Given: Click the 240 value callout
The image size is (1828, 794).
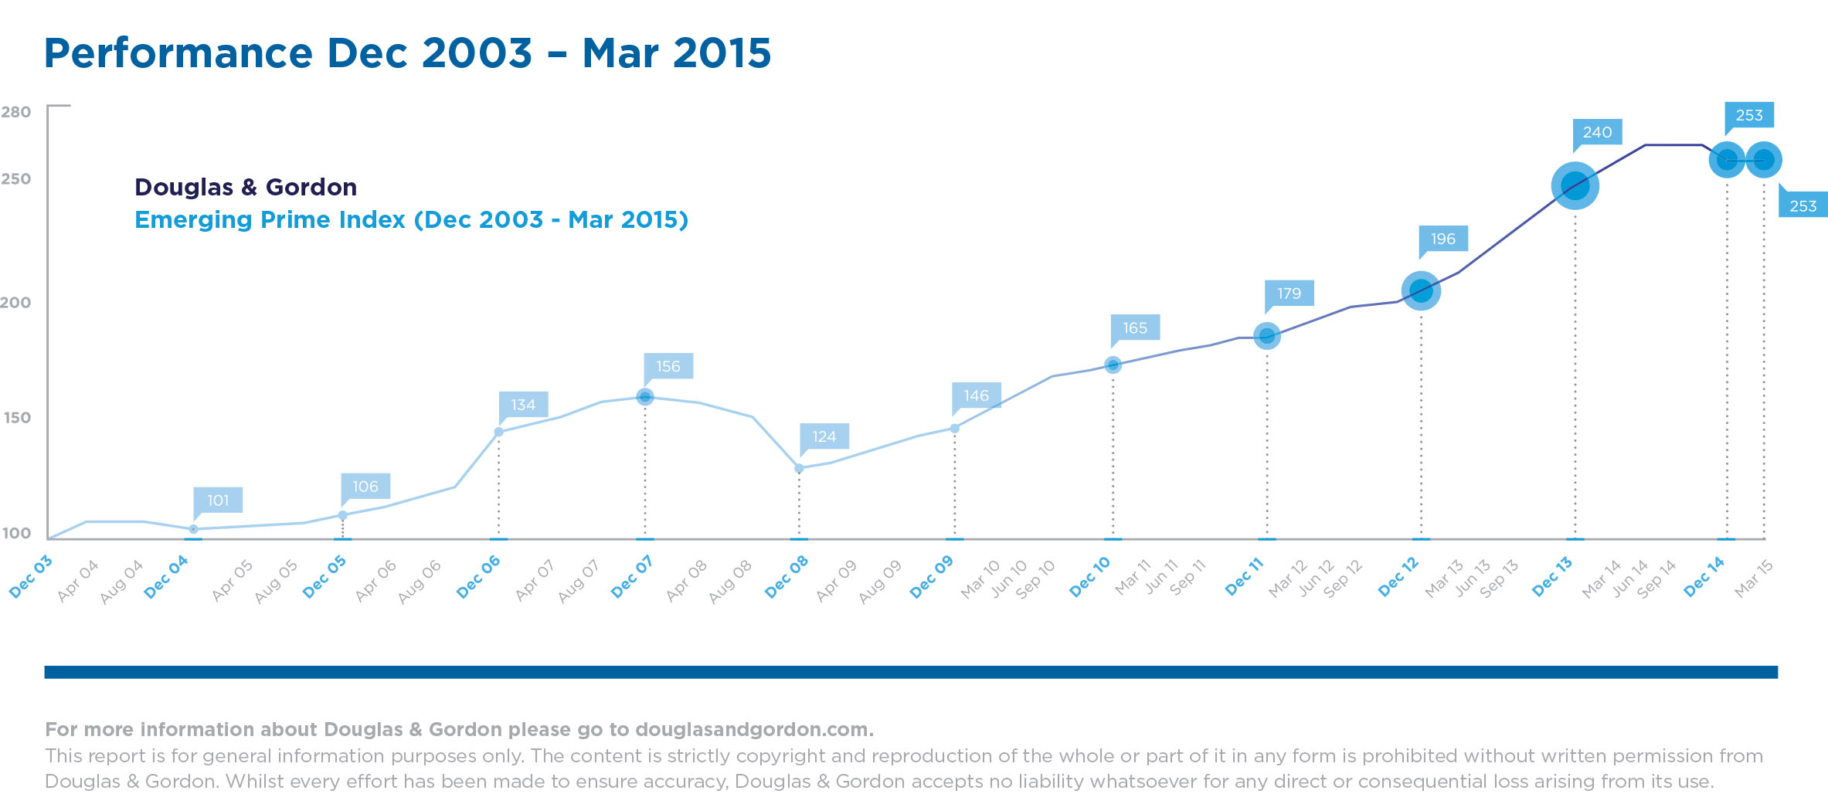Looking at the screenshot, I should pos(1597,132).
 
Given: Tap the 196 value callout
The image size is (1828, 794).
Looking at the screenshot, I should pos(1442,239).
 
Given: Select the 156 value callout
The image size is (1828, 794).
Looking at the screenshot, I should pos(668,366).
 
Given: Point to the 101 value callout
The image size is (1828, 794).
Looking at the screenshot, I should pos(218,500).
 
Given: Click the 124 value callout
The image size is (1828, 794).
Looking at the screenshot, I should pos(824,436).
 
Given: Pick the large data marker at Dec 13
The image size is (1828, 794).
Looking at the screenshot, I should pos(1575,186).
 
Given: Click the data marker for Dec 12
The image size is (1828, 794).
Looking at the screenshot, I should pos(1421,291).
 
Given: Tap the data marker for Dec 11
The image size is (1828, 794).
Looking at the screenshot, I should pos(1266,336).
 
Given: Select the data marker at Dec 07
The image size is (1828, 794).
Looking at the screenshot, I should pos(645,397).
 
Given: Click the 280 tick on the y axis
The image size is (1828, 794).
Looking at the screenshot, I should pos(16,112).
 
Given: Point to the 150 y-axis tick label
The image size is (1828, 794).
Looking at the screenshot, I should pos(17,418).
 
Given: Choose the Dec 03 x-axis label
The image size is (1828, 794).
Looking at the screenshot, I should pos(31,576).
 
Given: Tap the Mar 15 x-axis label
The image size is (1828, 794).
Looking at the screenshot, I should pos(1753,578).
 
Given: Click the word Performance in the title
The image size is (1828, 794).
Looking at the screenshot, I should pos(178,53).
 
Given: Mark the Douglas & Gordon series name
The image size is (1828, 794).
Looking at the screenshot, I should pos(246,187).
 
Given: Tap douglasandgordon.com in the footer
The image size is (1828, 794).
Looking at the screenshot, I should pos(753,729).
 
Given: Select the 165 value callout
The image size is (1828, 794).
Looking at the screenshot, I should pos(1135,327).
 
